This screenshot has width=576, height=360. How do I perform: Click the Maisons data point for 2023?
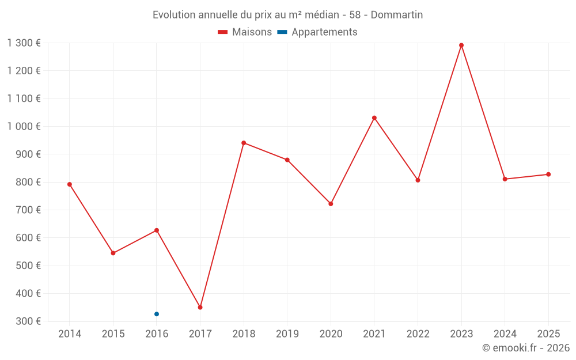461,45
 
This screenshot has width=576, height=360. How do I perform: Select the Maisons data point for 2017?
200,307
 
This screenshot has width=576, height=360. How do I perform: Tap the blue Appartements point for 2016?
157,314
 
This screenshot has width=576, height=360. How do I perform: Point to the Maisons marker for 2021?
374,118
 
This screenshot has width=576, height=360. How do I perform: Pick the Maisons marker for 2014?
70,184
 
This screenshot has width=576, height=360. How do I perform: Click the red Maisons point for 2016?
157,230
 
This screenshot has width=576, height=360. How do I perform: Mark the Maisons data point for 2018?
244,143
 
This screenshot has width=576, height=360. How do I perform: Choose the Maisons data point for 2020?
331,204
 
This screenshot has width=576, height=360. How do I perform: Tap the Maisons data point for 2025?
548,175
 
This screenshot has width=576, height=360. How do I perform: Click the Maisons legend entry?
245,32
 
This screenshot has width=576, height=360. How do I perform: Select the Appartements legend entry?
317,32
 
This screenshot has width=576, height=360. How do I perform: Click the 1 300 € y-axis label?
24,43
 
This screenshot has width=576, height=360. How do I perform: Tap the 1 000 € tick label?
24,126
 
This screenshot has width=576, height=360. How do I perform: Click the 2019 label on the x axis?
287,334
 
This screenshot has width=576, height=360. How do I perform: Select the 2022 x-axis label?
418,334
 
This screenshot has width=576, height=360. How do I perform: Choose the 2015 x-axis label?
113,334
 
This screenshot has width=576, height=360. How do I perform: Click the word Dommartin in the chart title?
397,15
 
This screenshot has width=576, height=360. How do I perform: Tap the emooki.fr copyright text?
526,348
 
